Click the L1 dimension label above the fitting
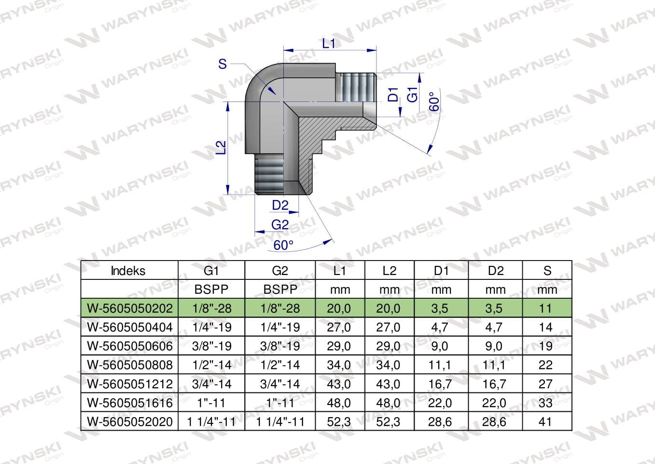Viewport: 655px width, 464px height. coord(328,43)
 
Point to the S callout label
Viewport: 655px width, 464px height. coord(223,64)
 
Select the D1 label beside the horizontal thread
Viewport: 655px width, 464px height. coord(393,94)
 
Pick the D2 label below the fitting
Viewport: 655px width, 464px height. coord(280,205)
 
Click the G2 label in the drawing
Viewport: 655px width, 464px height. coord(280,225)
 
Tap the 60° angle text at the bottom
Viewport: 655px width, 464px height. coord(283,246)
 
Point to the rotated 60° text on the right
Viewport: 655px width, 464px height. coord(434,101)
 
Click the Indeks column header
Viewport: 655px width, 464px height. coord(128,271)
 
